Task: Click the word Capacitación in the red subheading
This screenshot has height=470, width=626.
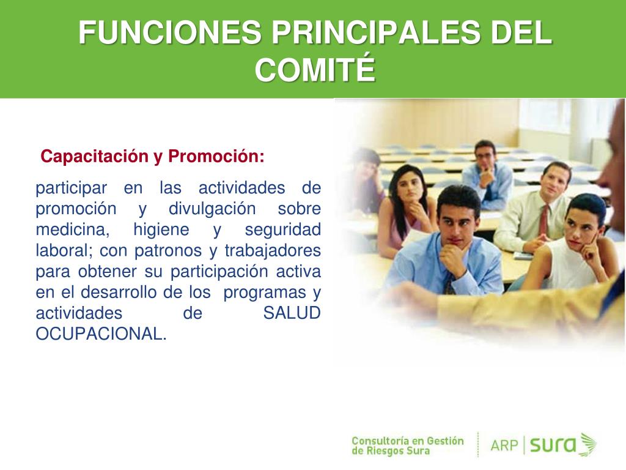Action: [94, 156]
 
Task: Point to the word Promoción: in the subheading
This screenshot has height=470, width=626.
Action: [216, 156]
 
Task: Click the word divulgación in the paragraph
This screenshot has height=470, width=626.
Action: [212, 209]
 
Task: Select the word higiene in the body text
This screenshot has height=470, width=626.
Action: [161, 230]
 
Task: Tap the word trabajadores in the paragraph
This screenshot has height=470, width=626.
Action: [273, 250]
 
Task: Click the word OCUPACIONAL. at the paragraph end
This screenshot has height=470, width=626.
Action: [101, 334]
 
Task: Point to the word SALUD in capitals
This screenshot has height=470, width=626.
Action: [292, 313]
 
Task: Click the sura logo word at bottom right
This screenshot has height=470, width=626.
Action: [553, 445]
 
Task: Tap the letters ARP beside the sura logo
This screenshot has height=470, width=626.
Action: [504, 445]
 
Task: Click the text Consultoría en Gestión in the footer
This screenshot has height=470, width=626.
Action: [408, 441]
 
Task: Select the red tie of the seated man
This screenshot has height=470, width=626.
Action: [543, 220]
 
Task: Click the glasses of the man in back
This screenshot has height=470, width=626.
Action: [485, 156]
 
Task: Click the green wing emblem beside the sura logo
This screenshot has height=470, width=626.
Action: [587, 444]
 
